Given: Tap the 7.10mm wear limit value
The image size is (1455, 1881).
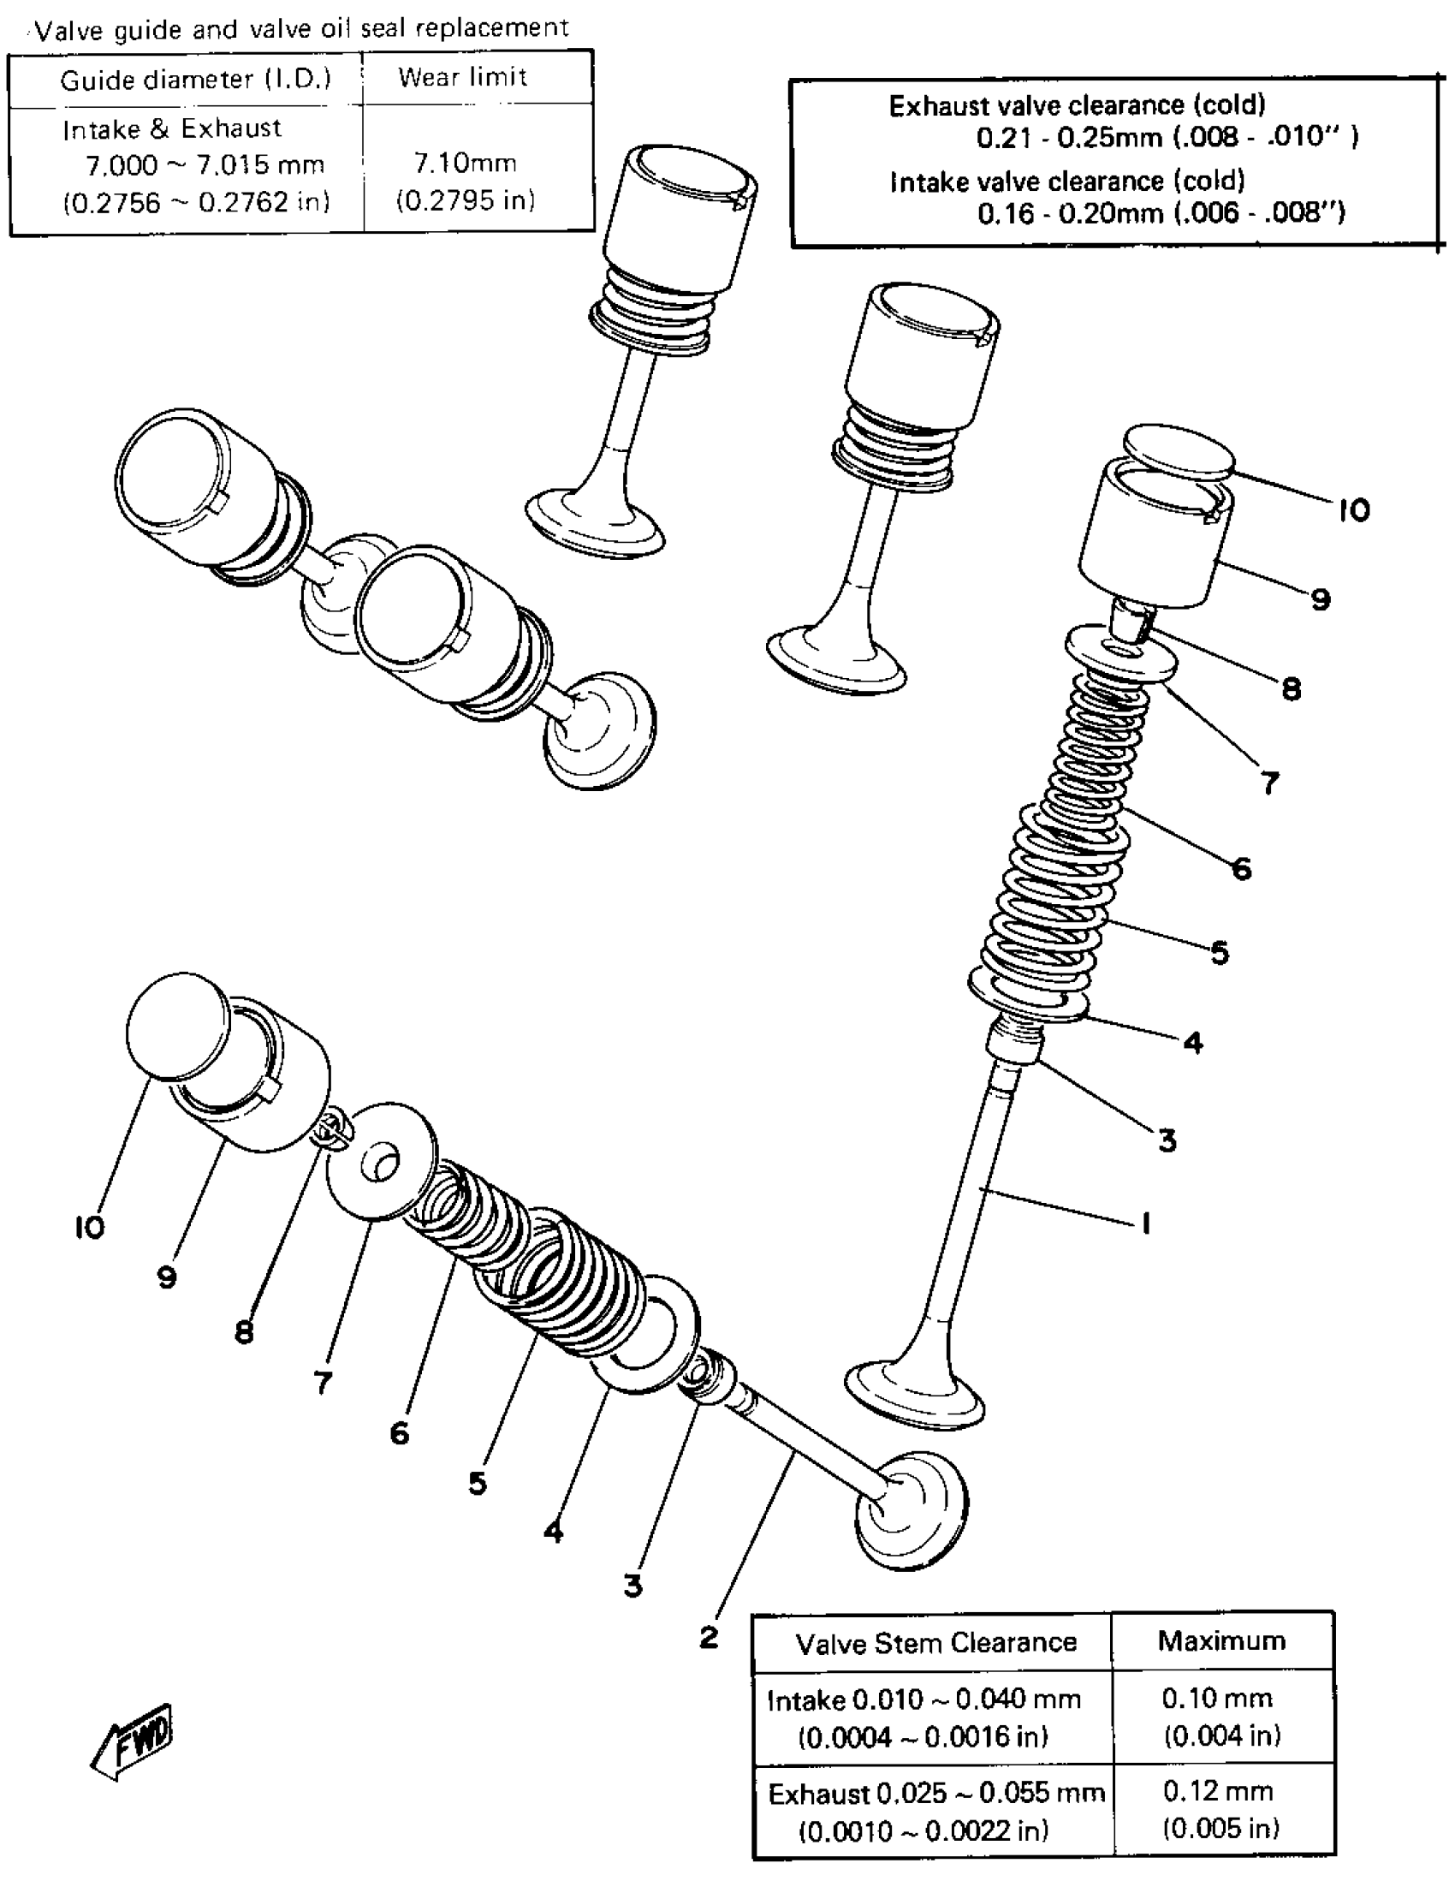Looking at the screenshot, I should tap(465, 163).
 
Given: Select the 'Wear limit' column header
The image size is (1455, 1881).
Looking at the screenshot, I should tap(462, 78).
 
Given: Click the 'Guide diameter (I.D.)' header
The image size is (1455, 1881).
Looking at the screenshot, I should tap(195, 80).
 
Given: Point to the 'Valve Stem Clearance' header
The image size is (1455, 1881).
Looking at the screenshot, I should tap(935, 1643).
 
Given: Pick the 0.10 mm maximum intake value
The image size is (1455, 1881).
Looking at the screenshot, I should tap(1216, 1699).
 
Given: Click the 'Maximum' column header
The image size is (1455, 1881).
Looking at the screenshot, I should tap(1220, 1640).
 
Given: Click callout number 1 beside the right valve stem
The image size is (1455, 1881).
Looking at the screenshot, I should tap(1145, 1223).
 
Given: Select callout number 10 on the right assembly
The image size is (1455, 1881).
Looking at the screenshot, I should tap(1353, 511).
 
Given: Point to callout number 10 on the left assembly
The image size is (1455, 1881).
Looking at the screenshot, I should tap(90, 1227).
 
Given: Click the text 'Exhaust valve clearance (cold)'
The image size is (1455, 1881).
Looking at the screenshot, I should tap(1077, 106).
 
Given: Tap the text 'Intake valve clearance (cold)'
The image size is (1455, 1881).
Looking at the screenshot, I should tap(1067, 182).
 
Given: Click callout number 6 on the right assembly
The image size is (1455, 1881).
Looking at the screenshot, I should tap(1242, 869).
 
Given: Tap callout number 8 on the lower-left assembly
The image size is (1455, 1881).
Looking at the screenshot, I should tap(245, 1332).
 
